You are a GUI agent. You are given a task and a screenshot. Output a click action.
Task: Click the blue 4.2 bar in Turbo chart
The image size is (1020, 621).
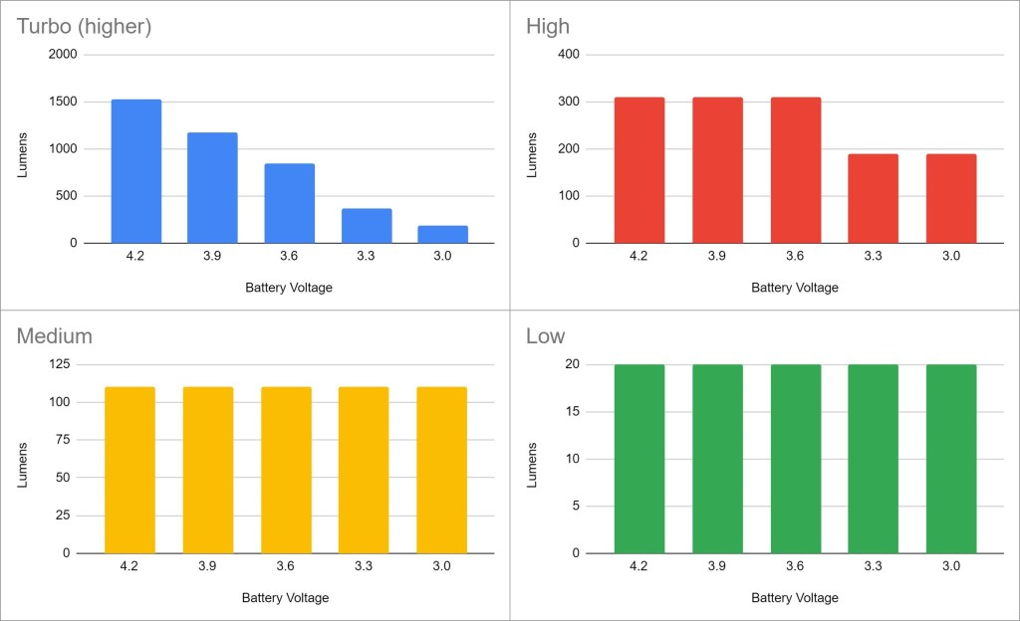(x=136, y=171)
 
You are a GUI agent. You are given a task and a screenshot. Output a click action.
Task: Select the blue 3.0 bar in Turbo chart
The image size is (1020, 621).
(x=442, y=234)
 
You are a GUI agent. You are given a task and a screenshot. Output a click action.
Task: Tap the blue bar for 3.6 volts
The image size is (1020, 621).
(x=289, y=203)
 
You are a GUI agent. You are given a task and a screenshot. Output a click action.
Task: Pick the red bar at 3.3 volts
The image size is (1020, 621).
(x=873, y=198)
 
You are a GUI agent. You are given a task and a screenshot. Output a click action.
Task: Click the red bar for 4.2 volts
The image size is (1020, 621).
(x=639, y=170)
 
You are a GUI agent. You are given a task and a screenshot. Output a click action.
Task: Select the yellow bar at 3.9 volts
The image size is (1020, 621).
(x=208, y=470)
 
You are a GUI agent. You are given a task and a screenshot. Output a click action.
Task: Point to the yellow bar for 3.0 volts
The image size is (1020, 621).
(x=441, y=470)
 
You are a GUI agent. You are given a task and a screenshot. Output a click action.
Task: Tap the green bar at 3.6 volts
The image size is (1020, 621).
(x=796, y=458)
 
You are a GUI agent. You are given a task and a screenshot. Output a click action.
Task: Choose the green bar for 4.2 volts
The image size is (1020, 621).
(x=639, y=458)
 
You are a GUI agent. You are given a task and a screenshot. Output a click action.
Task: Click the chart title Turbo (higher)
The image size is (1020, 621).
(x=84, y=27)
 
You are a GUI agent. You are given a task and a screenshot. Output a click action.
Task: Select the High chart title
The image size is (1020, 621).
(x=548, y=27)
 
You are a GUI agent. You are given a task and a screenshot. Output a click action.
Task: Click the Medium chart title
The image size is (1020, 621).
(x=54, y=336)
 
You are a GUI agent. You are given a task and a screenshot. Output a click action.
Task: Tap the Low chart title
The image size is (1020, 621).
(x=545, y=336)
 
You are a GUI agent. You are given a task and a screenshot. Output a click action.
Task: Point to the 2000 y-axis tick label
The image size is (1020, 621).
(x=62, y=55)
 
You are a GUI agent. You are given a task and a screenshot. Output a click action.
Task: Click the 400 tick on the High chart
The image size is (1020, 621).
(x=568, y=55)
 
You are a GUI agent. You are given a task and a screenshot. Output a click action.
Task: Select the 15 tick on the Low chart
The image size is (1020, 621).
(x=573, y=412)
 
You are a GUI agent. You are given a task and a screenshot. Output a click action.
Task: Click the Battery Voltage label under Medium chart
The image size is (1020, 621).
(x=285, y=598)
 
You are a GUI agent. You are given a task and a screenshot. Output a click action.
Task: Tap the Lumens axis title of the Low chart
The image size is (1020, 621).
(x=532, y=459)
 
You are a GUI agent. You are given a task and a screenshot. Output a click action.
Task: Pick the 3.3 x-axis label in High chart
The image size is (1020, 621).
(x=873, y=256)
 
